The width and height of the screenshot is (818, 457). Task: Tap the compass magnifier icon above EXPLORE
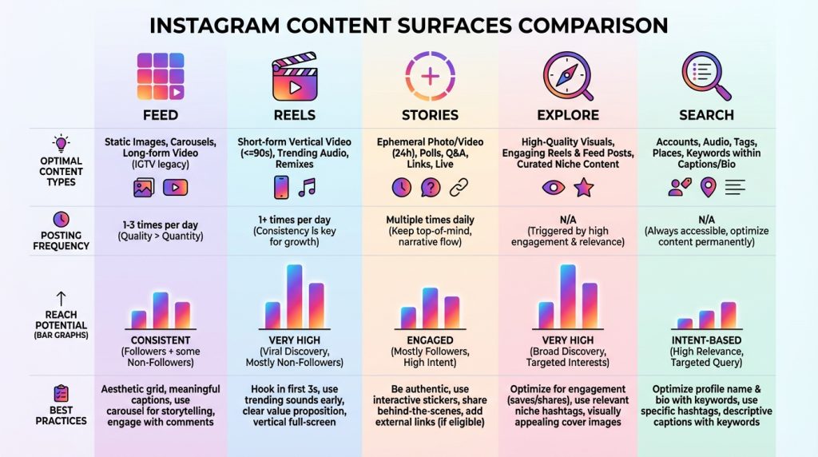(x=568, y=76)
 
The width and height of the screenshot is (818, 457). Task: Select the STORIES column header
(x=430, y=115)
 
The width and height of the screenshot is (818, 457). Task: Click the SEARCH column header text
(x=706, y=115)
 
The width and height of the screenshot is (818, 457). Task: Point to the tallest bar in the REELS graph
(x=294, y=296)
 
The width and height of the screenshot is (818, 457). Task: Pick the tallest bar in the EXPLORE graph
(x=568, y=296)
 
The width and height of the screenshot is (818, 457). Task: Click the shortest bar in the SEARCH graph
(x=685, y=324)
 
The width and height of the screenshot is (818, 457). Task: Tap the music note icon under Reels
(x=308, y=187)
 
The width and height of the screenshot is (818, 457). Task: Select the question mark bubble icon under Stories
(x=431, y=187)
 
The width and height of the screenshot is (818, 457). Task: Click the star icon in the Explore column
(x=584, y=187)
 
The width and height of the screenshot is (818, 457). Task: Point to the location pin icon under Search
(x=708, y=187)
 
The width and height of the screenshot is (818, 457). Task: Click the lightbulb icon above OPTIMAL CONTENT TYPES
(x=61, y=143)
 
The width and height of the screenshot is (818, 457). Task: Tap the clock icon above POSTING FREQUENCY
(x=61, y=219)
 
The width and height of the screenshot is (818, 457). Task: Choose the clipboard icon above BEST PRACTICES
(x=61, y=393)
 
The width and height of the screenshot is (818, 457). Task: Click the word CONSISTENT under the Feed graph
(x=161, y=340)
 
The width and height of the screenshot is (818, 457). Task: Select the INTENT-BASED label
(x=706, y=340)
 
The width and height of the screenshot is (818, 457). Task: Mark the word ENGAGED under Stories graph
(x=430, y=340)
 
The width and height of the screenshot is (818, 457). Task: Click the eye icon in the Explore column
(x=554, y=187)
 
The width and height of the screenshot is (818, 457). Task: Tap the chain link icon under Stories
(x=459, y=187)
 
